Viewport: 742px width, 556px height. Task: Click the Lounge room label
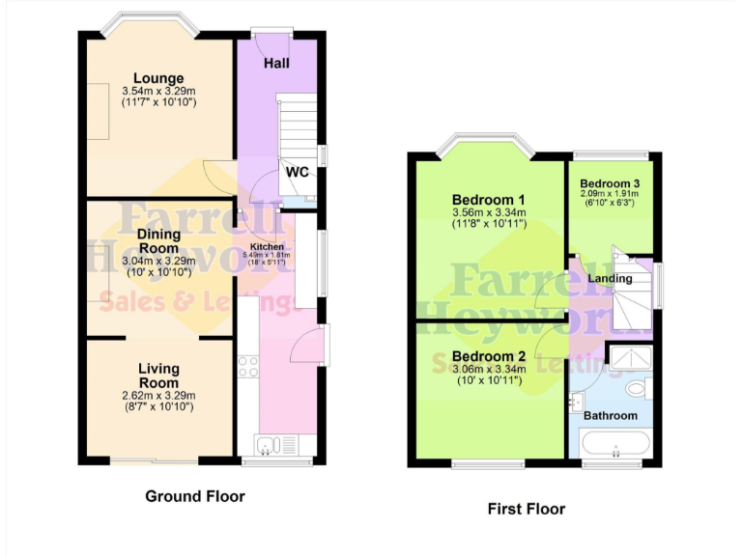159,78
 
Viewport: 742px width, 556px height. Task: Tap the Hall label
278,64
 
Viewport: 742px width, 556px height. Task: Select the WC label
297,173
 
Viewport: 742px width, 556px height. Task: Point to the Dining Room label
158,240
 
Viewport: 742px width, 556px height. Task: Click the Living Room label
158,375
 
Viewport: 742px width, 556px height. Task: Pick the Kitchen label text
268,247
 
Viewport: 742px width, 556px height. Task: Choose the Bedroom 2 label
488,356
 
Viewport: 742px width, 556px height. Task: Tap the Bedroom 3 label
610,183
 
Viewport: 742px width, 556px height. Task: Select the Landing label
611,279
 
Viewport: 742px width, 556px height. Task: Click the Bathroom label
610,416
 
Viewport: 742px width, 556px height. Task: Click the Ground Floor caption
195,496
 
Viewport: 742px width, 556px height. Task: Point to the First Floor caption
527,509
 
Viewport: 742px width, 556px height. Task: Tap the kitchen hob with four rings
248,366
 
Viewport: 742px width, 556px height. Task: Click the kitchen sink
271,444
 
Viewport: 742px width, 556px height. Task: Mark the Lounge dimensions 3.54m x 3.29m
159,92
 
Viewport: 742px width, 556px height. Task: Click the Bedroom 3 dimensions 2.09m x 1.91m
610,194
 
